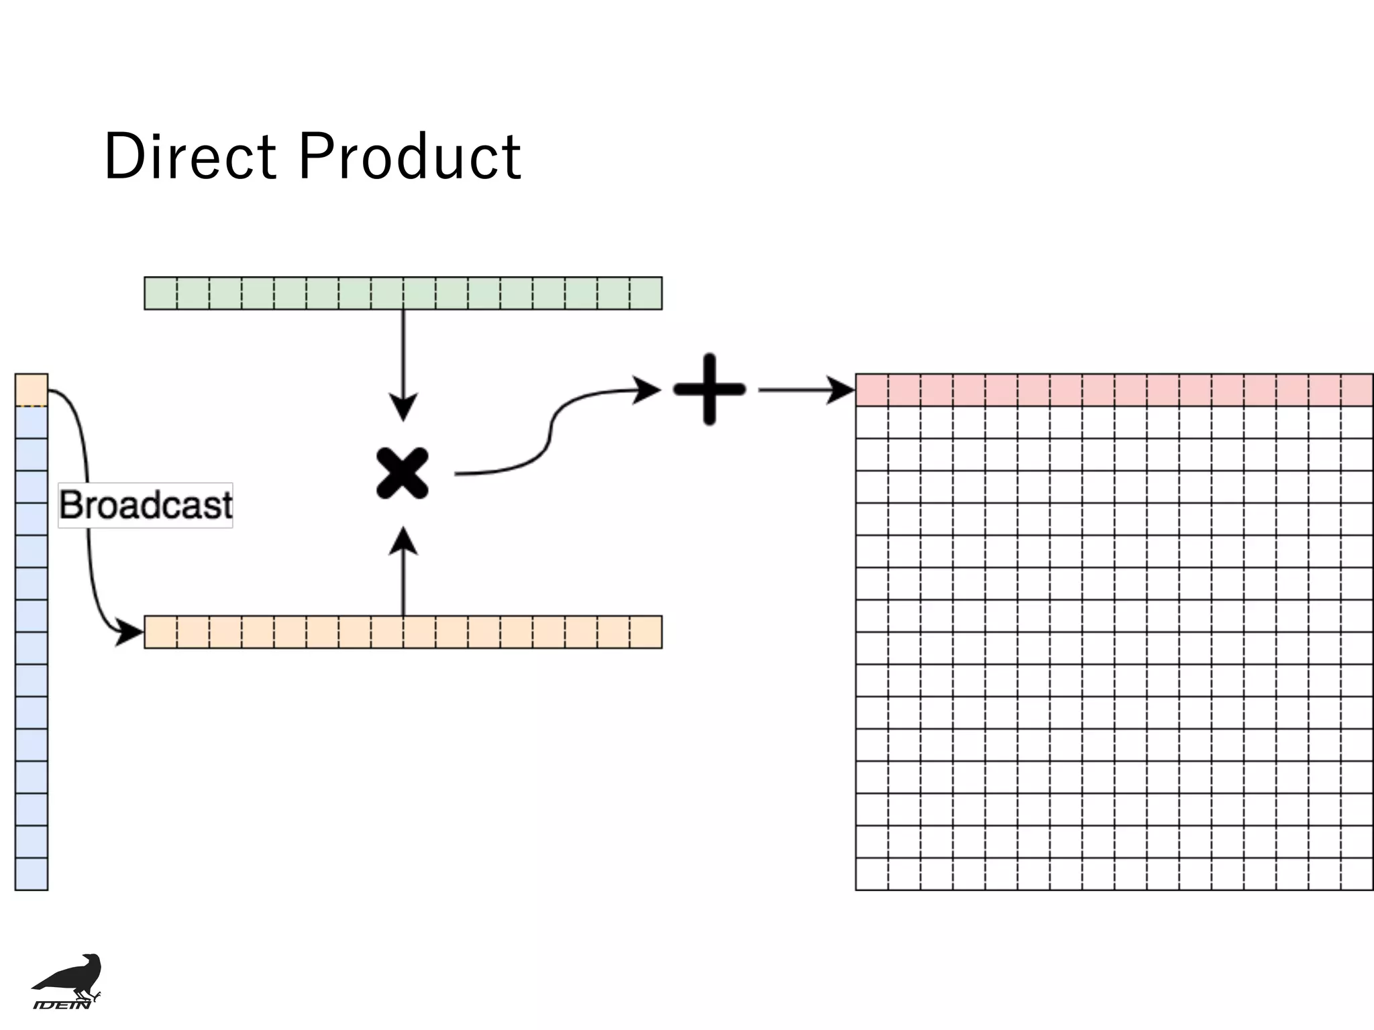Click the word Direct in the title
coord(190,156)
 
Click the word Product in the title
coord(409,156)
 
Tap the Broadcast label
coord(146,505)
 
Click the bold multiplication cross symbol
coord(403,473)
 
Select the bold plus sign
coord(710,389)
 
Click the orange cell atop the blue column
coord(32,390)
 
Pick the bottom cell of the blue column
coord(32,874)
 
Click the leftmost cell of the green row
coord(161,293)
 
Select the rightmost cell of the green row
coord(646,293)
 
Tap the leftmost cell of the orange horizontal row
coord(161,632)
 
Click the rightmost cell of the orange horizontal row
coord(646,632)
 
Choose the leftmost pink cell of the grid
coord(872,390)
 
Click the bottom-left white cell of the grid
coord(872,874)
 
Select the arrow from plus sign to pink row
coord(805,390)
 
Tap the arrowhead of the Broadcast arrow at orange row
coord(129,632)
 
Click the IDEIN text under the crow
coord(62,1004)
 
